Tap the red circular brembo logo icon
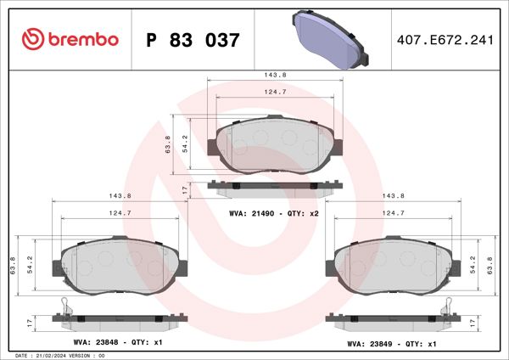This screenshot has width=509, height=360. (33, 39)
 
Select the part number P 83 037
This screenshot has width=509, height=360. (193, 40)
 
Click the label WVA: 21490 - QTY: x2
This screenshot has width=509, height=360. (274, 213)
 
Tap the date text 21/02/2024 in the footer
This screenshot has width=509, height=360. (58, 355)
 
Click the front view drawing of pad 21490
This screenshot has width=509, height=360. (276, 143)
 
